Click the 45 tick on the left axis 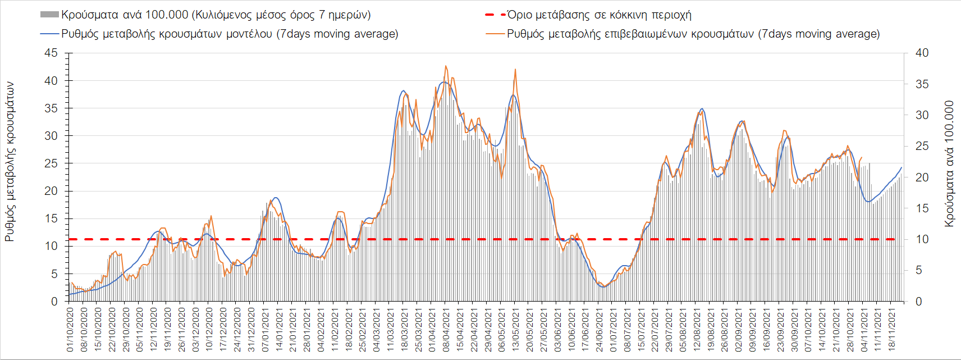51,53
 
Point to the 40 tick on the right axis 922,53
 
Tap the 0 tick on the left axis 54,302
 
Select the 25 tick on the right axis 922,147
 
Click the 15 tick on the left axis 51,219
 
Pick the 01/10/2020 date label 70,329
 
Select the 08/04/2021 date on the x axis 446,329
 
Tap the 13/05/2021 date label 515,329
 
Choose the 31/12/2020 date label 251,329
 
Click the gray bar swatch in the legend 49,15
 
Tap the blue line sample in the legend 49,34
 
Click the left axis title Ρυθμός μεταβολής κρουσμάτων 10,162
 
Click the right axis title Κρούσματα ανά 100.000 949,164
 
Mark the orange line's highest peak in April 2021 446,66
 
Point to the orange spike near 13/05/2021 515,69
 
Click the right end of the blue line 901,167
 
